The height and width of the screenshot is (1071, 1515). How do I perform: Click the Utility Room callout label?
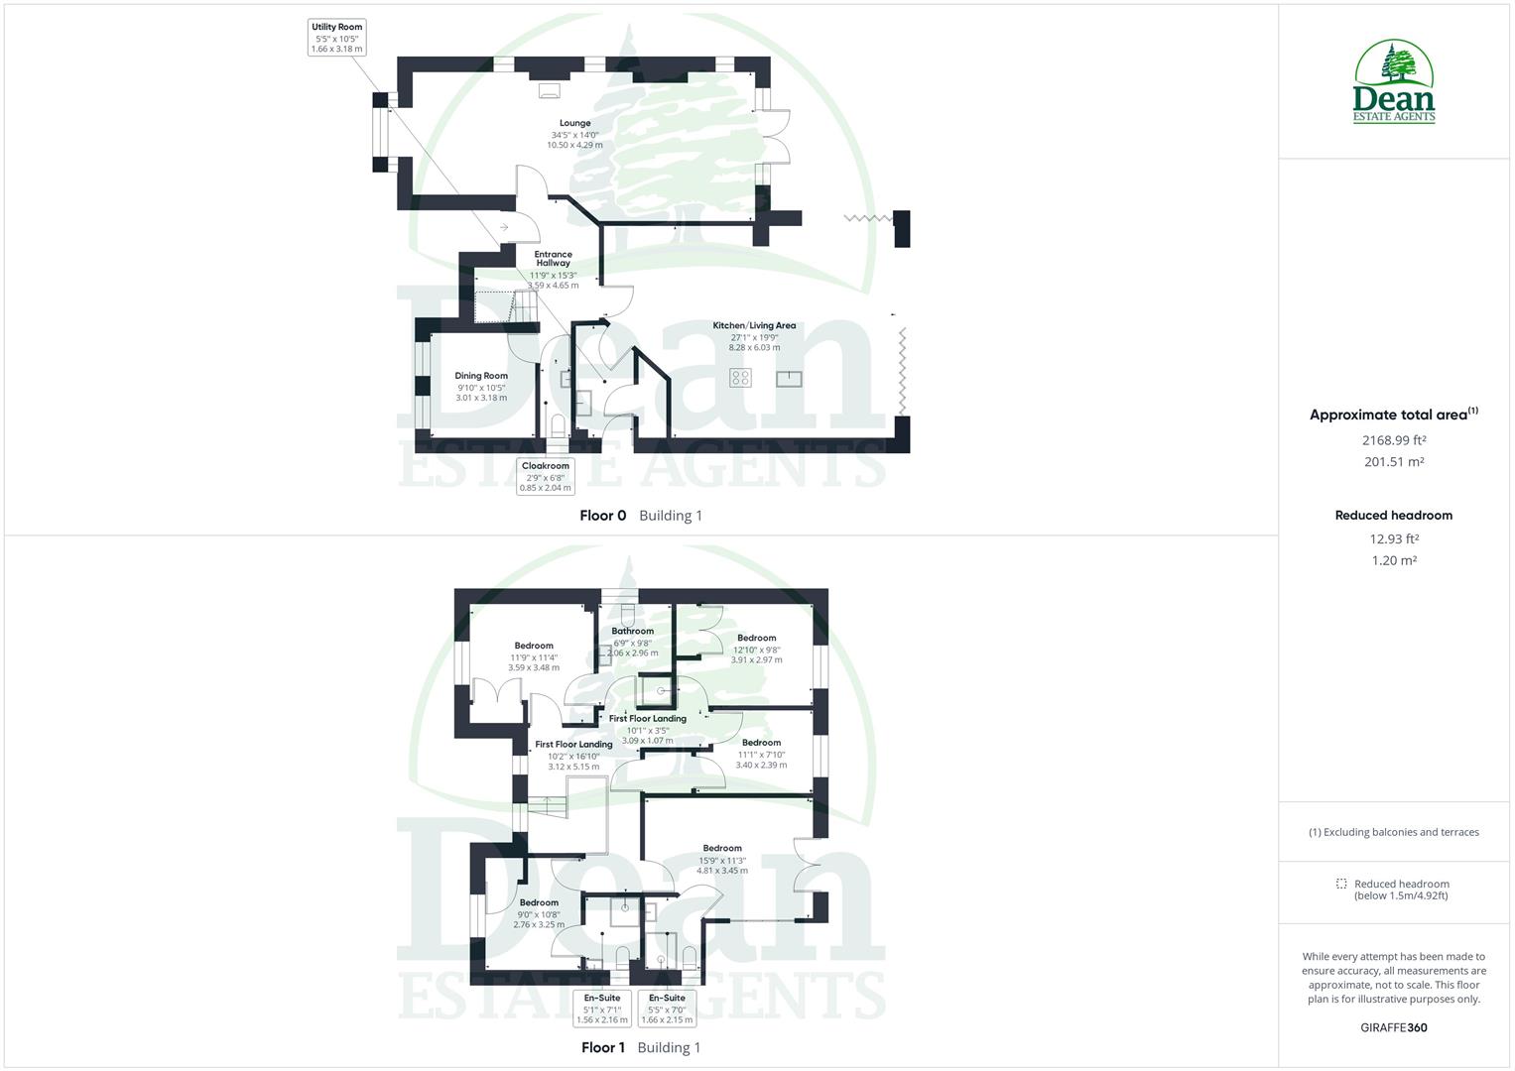tap(337, 37)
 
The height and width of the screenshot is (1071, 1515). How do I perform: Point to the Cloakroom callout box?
tap(546, 476)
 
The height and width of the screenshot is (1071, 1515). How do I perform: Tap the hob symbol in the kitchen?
tap(741, 377)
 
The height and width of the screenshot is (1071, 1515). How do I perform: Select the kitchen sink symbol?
tap(789, 377)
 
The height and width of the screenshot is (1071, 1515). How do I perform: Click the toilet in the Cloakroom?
tap(558, 426)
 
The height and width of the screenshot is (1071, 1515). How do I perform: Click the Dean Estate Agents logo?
tap(1394, 81)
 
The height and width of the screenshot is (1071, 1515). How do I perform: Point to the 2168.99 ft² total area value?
tap(1394, 439)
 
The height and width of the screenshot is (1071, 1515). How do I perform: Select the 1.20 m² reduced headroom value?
tap(1394, 560)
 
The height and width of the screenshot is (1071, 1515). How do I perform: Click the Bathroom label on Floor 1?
tap(632, 631)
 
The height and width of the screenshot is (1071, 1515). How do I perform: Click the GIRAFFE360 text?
tap(1394, 1027)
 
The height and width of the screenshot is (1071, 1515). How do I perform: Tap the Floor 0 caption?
tap(603, 516)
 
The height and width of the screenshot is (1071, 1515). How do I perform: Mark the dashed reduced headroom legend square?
tap(1341, 884)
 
